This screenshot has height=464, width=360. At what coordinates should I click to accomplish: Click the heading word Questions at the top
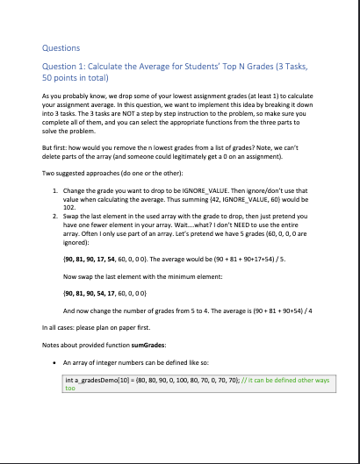(x=60, y=47)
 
